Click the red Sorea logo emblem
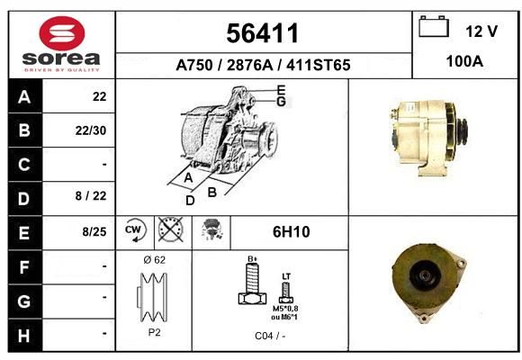click(x=62, y=33)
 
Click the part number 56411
click(x=263, y=33)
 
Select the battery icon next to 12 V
click(x=434, y=27)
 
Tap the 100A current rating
click(x=464, y=61)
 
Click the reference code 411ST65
click(x=319, y=65)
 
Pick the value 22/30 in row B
click(x=91, y=130)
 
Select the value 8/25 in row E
click(x=94, y=232)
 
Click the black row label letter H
click(x=24, y=336)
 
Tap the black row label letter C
click(x=24, y=165)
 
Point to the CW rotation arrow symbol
click(x=135, y=229)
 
